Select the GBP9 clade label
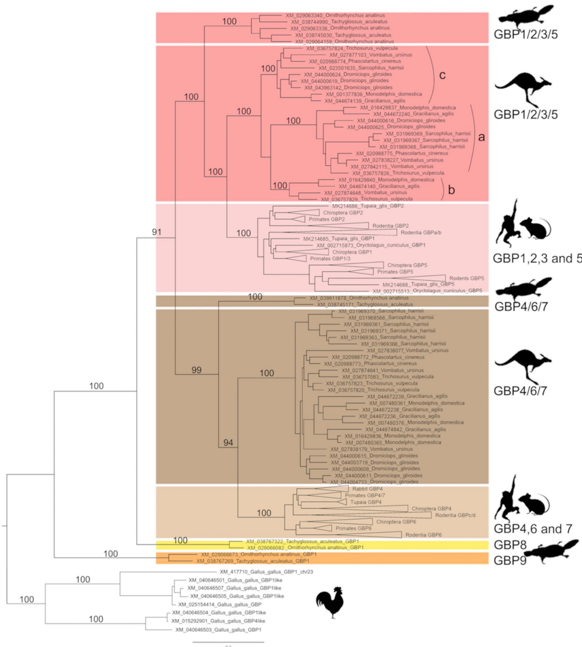coord(514,559)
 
